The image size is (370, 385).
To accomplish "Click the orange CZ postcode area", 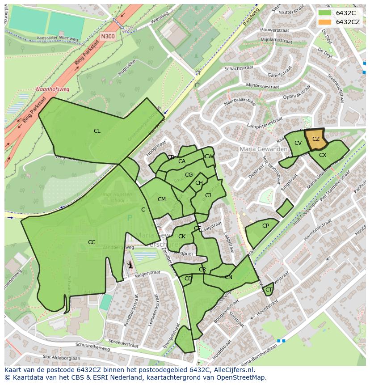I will tap(315, 139).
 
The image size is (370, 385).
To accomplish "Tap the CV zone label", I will tap(298, 143).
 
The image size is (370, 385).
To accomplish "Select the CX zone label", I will tap(323, 155).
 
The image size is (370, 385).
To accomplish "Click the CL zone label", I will tap(97, 131).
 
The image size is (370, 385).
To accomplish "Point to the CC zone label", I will tap(92, 242).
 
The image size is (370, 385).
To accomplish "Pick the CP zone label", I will tap(265, 226).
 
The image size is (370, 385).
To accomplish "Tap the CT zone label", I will tap(269, 290).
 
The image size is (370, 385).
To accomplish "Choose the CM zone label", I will tap(162, 199).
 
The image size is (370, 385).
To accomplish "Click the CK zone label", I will tap(182, 237).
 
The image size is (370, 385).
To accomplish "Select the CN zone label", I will tap(228, 277).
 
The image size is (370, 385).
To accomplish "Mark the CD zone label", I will tap(188, 279).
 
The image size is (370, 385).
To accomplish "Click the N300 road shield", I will tap(107, 37).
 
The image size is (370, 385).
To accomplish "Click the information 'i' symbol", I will tap(130, 265).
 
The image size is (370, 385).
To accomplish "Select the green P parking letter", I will tap(130, 218).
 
